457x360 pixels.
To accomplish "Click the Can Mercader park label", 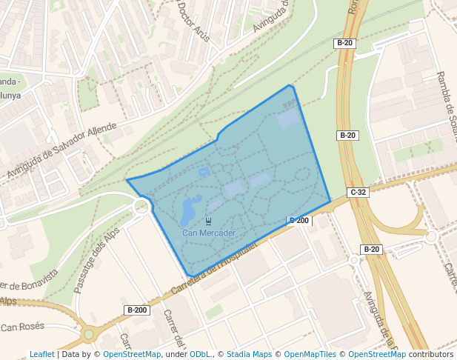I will [209, 233].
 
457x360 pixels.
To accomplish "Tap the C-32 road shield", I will [358, 193].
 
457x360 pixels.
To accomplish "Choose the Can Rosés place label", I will [23, 327].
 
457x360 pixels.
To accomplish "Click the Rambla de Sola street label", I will [448, 104].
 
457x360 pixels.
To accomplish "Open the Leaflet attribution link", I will [41, 354].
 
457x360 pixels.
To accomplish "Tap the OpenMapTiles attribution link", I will [310, 354].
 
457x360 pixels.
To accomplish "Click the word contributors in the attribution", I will [431, 354].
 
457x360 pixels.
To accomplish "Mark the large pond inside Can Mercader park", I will [189, 210].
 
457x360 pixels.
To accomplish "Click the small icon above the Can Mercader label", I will [209, 221].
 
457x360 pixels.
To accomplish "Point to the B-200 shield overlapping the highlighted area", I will [298, 221].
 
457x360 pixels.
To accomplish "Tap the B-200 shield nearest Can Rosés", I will [137, 310].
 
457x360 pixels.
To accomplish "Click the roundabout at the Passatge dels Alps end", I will [141, 207].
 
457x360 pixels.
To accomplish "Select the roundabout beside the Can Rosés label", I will [88, 334].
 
